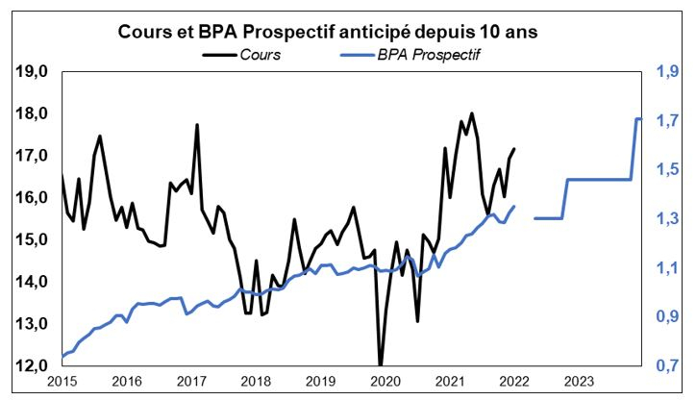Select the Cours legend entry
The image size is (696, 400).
(x=261, y=55)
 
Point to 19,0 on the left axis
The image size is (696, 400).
(x=33, y=71)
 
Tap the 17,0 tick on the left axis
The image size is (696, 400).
(x=33, y=156)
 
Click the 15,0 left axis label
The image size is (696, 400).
(x=33, y=239)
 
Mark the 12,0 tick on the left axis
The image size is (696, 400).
(x=33, y=366)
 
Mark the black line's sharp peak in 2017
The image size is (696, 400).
(x=197, y=125)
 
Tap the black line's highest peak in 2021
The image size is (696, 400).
(x=471, y=113)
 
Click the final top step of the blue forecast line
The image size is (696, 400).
(x=638, y=118)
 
